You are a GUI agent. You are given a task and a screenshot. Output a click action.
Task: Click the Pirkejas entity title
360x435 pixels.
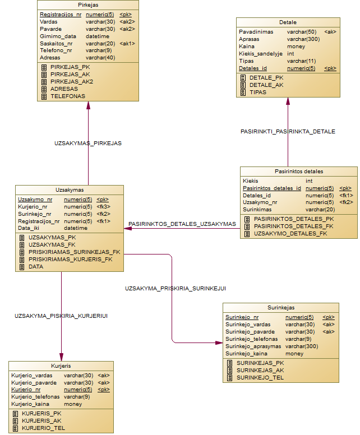pyautogui.click(x=87, y=4)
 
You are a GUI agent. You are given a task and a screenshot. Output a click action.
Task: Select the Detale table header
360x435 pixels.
pyautogui.click(x=287, y=22)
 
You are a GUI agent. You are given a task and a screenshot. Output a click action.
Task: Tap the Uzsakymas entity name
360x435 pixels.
pyautogui.click(x=70, y=189)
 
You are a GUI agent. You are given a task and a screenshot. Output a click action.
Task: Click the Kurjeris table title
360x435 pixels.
pyautogui.click(x=60, y=365)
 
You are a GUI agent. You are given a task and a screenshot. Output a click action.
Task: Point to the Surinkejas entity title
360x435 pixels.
pyautogui.click(x=281, y=307)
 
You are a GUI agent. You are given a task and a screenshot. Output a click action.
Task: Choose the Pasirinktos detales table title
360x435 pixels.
pyautogui.click(x=298, y=171)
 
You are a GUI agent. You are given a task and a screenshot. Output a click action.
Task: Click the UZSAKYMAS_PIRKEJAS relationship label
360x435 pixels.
pyautogui.click(x=88, y=144)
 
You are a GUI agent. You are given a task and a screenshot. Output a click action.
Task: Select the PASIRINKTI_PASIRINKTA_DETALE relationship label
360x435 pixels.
pyautogui.click(x=288, y=131)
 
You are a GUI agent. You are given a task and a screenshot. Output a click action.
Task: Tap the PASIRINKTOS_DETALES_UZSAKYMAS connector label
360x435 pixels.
pyautogui.click(x=182, y=224)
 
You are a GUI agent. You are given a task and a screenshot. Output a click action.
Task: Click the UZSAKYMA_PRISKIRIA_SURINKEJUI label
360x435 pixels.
pyautogui.click(x=176, y=288)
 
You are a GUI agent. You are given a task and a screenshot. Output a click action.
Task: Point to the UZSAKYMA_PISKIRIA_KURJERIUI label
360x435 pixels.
pyautogui.click(x=61, y=316)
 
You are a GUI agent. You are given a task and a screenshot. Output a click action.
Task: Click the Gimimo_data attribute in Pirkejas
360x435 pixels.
pyautogui.click(x=58, y=36)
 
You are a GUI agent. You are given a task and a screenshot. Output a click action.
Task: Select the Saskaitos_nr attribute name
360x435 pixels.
pyautogui.click(x=56, y=44)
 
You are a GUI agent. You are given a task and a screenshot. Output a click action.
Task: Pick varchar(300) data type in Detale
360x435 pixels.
pyautogui.click(x=303, y=40)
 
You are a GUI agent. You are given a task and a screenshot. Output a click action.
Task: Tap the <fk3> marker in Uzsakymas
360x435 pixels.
pyautogui.click(x=103, y=206)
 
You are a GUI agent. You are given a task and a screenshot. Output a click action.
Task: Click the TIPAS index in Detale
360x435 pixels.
pyautogui.click(x=258, y=92)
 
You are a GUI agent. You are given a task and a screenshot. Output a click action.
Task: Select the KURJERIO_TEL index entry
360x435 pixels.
pyautogui.click(x=43, y=428)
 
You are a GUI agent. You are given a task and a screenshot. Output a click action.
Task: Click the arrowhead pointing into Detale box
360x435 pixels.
pyautogui.click(x=288, y=101)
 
